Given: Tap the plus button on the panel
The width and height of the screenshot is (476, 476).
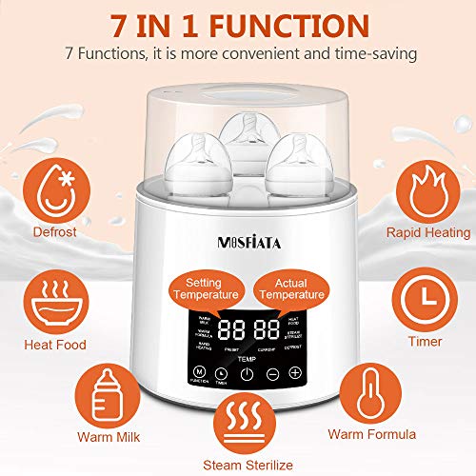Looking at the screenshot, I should pos(295,371).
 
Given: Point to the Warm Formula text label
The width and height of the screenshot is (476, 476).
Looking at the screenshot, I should pos(372,435).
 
